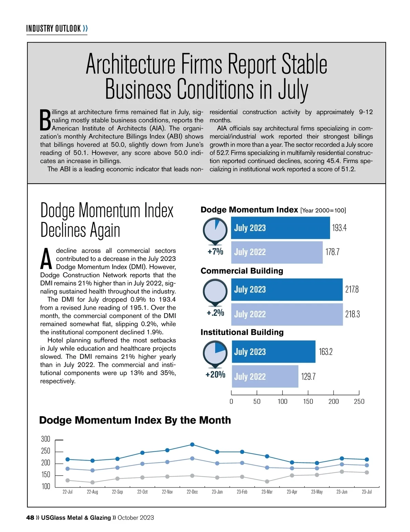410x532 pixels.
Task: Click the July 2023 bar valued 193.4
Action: pos(280,228)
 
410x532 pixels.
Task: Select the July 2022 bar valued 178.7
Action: pos(277,252)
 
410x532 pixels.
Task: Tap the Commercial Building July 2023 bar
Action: pos(287,290)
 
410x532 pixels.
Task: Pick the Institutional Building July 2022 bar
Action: pos(265,376)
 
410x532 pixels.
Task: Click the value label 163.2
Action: pos(326,352)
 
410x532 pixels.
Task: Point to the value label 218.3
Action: pos(352,314)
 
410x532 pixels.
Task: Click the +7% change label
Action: pos(215,252)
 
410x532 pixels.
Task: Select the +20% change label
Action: pos(215,375)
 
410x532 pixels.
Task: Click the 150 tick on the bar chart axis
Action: pos(308,401)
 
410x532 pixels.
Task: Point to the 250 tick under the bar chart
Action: pos(359,401)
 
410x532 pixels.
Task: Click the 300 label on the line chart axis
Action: pos(45,439)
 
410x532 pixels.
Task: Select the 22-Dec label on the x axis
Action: pos(192,492)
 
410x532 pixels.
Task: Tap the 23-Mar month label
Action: pos(267,492)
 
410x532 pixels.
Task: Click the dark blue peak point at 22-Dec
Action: pos(192,444)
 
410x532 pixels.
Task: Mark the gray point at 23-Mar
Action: pos(267,481)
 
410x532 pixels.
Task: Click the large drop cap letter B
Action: pos(45,120)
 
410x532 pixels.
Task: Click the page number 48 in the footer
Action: pos(30,518)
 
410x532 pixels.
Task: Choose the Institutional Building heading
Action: pos(242,332)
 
